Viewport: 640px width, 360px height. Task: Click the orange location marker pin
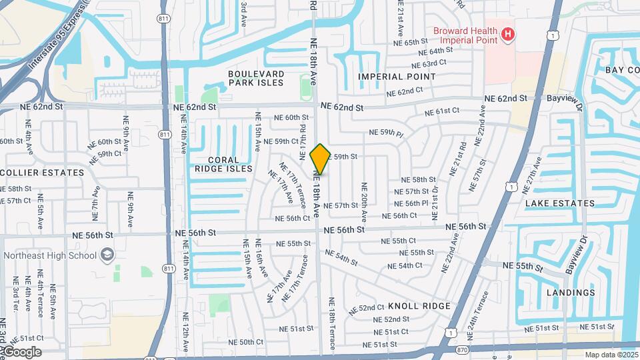[x=320, y=159]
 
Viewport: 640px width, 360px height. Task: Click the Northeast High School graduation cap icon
[x=107, y=255]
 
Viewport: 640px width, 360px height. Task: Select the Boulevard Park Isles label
[x=256, y=78]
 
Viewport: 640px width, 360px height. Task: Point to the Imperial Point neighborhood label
[x=397, y=77]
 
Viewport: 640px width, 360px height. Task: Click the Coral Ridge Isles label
[x=223, y=164]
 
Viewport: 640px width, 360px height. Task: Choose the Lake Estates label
[x=560, y=203]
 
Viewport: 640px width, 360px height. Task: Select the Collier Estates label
[x=42, y=172]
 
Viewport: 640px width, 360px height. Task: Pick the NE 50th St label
[x=238, y=342]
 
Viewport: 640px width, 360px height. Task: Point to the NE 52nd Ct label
[x=371, y=308]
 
